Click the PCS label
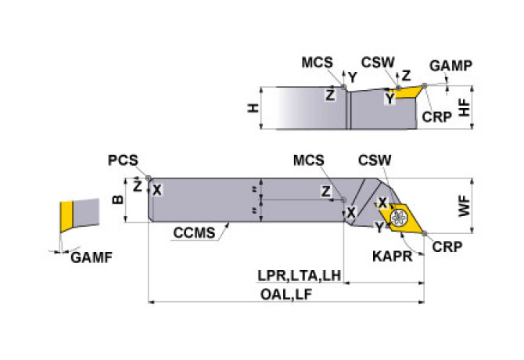[x=124, y=160]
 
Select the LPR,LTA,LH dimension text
[x=300, y=275]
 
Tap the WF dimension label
[x=464, y=207]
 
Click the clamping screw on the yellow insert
[x=399, y=217]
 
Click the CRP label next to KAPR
[x=447, y=246]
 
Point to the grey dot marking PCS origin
[x=149, y=178]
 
